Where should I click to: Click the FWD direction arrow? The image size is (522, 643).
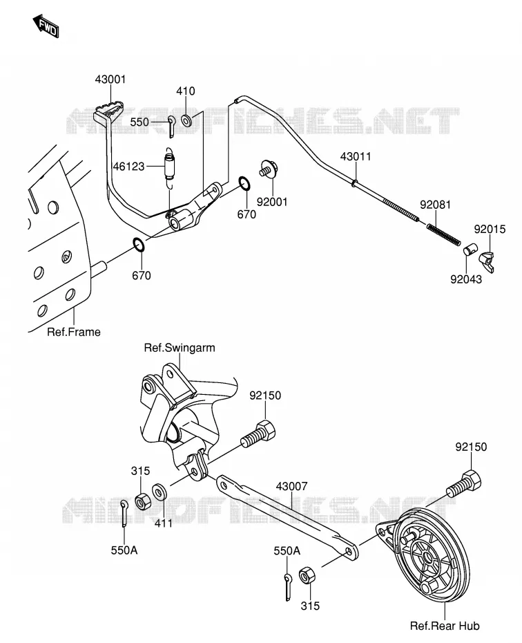(46, 26)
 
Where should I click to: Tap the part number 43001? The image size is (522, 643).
(110, 79)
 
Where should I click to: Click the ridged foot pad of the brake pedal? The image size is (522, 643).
(109, 110)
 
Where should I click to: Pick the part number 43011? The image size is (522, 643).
(356, 156)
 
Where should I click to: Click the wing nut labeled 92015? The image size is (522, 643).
(488, 261)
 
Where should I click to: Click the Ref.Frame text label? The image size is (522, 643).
(74, 332)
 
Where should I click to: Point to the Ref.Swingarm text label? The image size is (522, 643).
(180, 348)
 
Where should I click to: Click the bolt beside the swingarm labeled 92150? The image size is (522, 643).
(258, 434)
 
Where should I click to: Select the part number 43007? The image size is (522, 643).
(291, 486)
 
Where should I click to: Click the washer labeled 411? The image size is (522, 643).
(159, 492)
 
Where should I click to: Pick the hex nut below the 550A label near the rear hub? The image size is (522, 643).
(307, 577)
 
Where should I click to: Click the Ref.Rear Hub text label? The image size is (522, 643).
(445, 626)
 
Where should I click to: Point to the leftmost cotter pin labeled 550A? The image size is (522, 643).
(124, 513)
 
